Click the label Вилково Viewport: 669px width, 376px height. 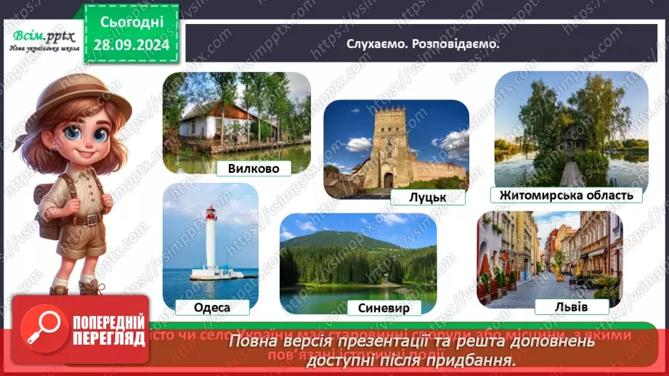[254, 168]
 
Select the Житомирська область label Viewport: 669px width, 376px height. [566, 195]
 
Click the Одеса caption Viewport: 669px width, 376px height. [212, 307]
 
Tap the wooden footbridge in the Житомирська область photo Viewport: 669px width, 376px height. [572, 173]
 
